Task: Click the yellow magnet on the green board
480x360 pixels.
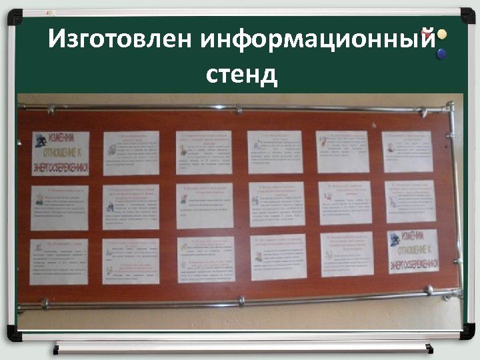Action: coord(442,33)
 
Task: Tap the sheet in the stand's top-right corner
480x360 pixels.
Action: coord(407,152)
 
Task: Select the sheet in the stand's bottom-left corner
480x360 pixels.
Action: coord(59,261)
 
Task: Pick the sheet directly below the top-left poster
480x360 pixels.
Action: coord(59,207)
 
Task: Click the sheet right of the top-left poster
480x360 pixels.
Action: coord(131,153)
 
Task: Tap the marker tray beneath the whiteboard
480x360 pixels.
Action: coord(243,347)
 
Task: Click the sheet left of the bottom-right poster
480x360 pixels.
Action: coord(347,254)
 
